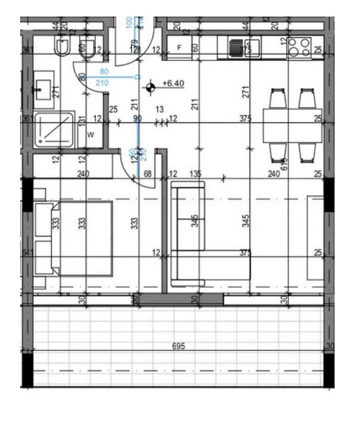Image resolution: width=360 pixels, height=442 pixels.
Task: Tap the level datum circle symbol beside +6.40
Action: point(151,87)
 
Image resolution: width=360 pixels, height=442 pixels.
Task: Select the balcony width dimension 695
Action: point(179,346)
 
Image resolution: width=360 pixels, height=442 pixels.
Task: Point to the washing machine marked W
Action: point(90,135)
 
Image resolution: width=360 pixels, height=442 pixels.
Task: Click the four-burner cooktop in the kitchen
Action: point(300,47)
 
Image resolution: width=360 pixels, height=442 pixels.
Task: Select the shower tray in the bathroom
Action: point(55,129)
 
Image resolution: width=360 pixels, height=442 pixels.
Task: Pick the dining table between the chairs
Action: point(292,125)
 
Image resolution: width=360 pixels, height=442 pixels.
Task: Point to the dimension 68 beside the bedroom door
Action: point(147,174)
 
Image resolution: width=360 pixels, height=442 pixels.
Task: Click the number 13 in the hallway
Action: point(159,109)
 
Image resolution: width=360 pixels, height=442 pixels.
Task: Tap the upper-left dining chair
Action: point(278,97)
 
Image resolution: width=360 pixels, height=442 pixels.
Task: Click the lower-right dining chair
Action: point(306,152)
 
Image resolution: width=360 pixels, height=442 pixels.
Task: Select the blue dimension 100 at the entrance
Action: point(129,23)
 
